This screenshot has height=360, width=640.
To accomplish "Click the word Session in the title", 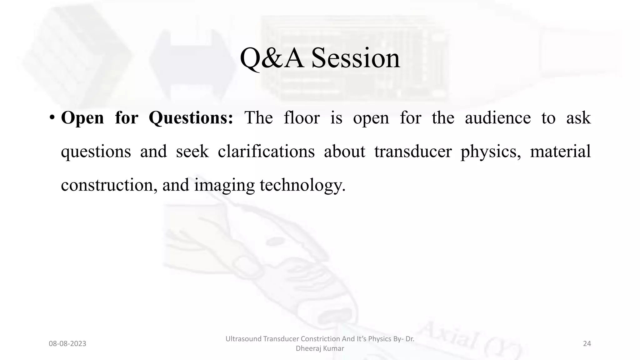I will pos(356,58).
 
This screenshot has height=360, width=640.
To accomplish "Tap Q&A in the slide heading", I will pos(272,58).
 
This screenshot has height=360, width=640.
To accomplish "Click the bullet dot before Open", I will pos(52,118).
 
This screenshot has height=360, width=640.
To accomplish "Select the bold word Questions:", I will pos(191,118).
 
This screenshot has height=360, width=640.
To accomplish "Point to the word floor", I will pos(302,118).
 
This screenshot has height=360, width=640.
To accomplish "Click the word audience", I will pos(497,118).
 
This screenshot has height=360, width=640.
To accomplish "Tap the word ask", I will pos(578,118).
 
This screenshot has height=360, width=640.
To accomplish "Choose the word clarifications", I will pos(266,152).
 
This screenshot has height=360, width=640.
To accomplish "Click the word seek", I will pos(192,152).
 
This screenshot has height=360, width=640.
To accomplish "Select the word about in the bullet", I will pos(344,152).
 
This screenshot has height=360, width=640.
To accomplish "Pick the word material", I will pos(560,152).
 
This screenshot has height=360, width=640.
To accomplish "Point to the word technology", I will pos(302,185).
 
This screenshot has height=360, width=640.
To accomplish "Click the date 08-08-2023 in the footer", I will pos(67,344).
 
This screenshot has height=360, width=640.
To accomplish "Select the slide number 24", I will pos(587,344).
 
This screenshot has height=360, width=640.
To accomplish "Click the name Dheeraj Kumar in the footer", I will pos(320,348).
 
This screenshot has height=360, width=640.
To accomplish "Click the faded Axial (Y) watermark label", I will pos(469,341).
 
